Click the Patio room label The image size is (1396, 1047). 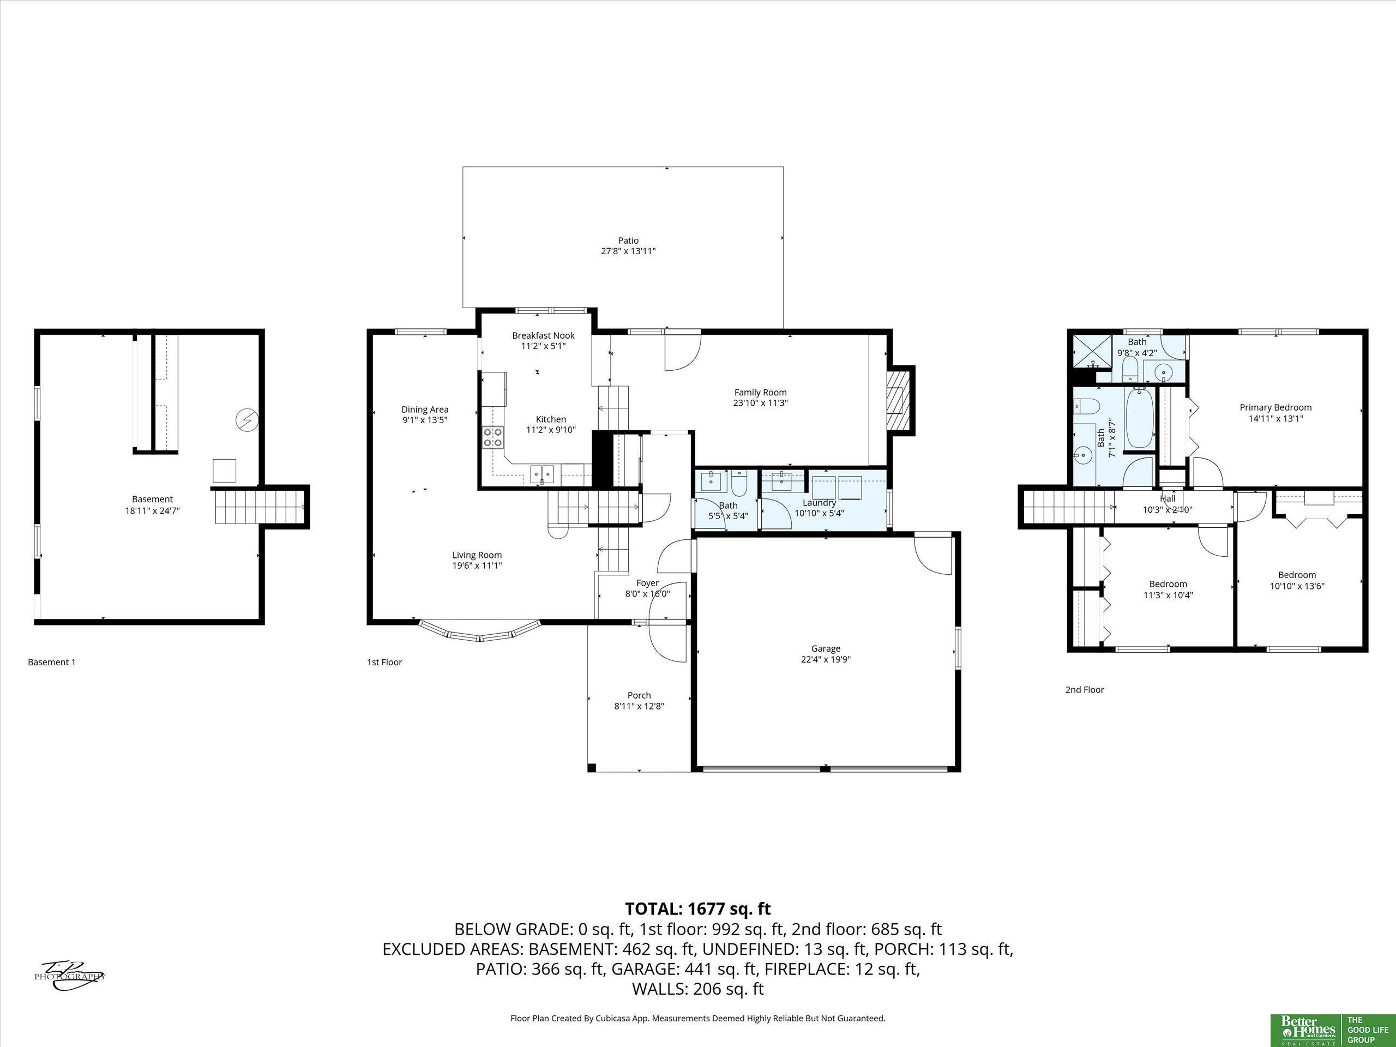[628, 240]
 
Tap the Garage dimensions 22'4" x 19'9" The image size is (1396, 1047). [826, 659]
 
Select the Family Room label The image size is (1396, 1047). [761, 393]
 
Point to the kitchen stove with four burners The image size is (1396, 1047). [493, 437]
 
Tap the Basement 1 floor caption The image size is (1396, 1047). [52, 662]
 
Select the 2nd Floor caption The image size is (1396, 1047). [1085, 690]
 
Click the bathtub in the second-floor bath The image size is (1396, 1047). [1140, 417]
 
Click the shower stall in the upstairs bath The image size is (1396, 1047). [1092, 352]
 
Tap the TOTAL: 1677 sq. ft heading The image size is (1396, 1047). [697, 909]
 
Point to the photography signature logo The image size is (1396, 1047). [69, 975]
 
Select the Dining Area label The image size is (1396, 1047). [425, 410]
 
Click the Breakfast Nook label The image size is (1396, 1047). [543, 336]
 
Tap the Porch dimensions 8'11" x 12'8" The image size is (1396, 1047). [639, 706]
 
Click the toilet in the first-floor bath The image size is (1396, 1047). [739, 483]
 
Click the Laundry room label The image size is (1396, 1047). [819, 503]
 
